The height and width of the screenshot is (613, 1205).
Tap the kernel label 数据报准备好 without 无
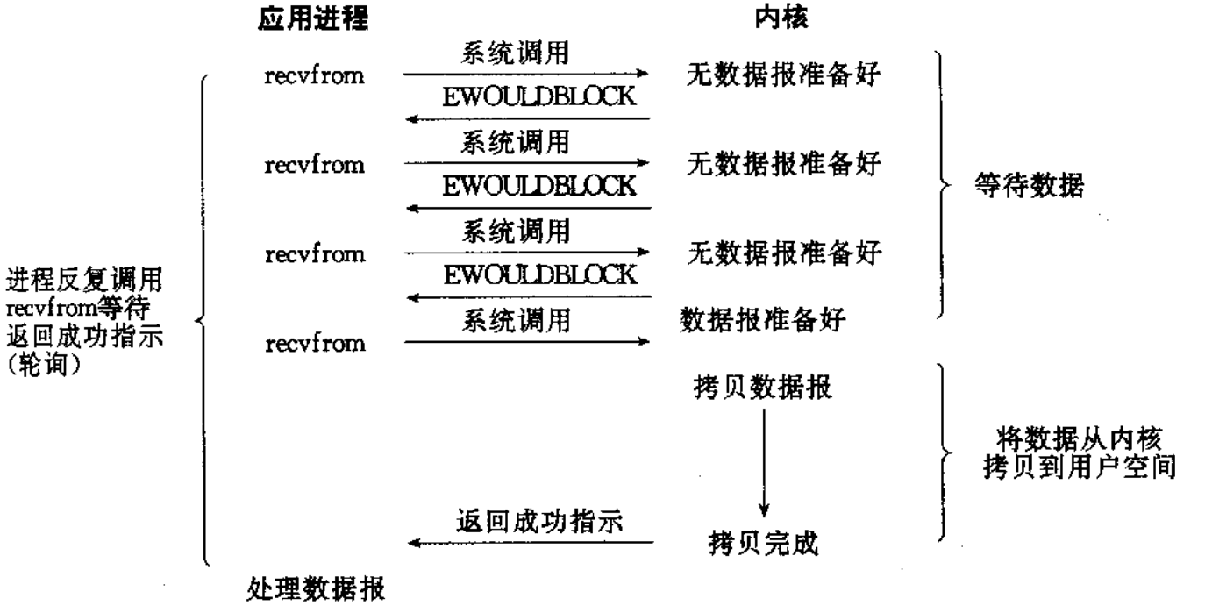coord(762,321)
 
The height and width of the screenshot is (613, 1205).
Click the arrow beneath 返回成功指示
coord(530,544)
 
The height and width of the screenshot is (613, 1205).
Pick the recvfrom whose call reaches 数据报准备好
coord(315,343)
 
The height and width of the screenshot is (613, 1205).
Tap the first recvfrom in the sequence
coord(315,75)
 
